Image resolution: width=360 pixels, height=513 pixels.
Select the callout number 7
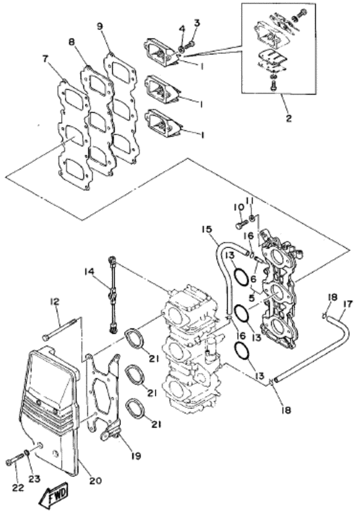point(45,59)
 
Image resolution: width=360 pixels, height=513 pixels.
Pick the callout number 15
point(206,230)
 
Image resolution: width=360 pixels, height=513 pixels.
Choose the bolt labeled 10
point(240,225)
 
